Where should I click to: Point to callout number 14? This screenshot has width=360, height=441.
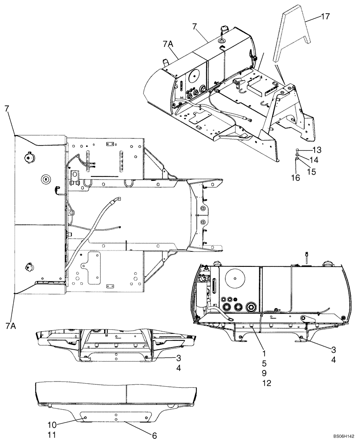click(313, 159)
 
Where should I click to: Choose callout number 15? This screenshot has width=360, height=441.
click(311, 172)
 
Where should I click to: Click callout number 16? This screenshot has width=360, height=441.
click(295, 178)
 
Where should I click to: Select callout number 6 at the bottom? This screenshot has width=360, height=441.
click(154, 435)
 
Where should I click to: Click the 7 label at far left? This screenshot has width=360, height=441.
click(7, 108)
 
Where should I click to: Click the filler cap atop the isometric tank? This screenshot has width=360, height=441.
click(221, 30)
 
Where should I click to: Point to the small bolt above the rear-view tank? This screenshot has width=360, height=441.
click(304, 254)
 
